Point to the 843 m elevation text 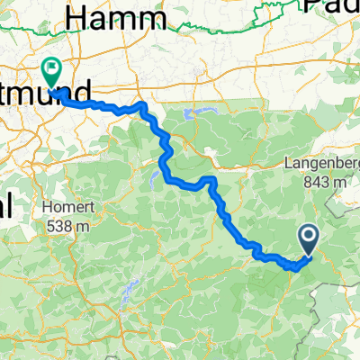(x=325, y=182)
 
